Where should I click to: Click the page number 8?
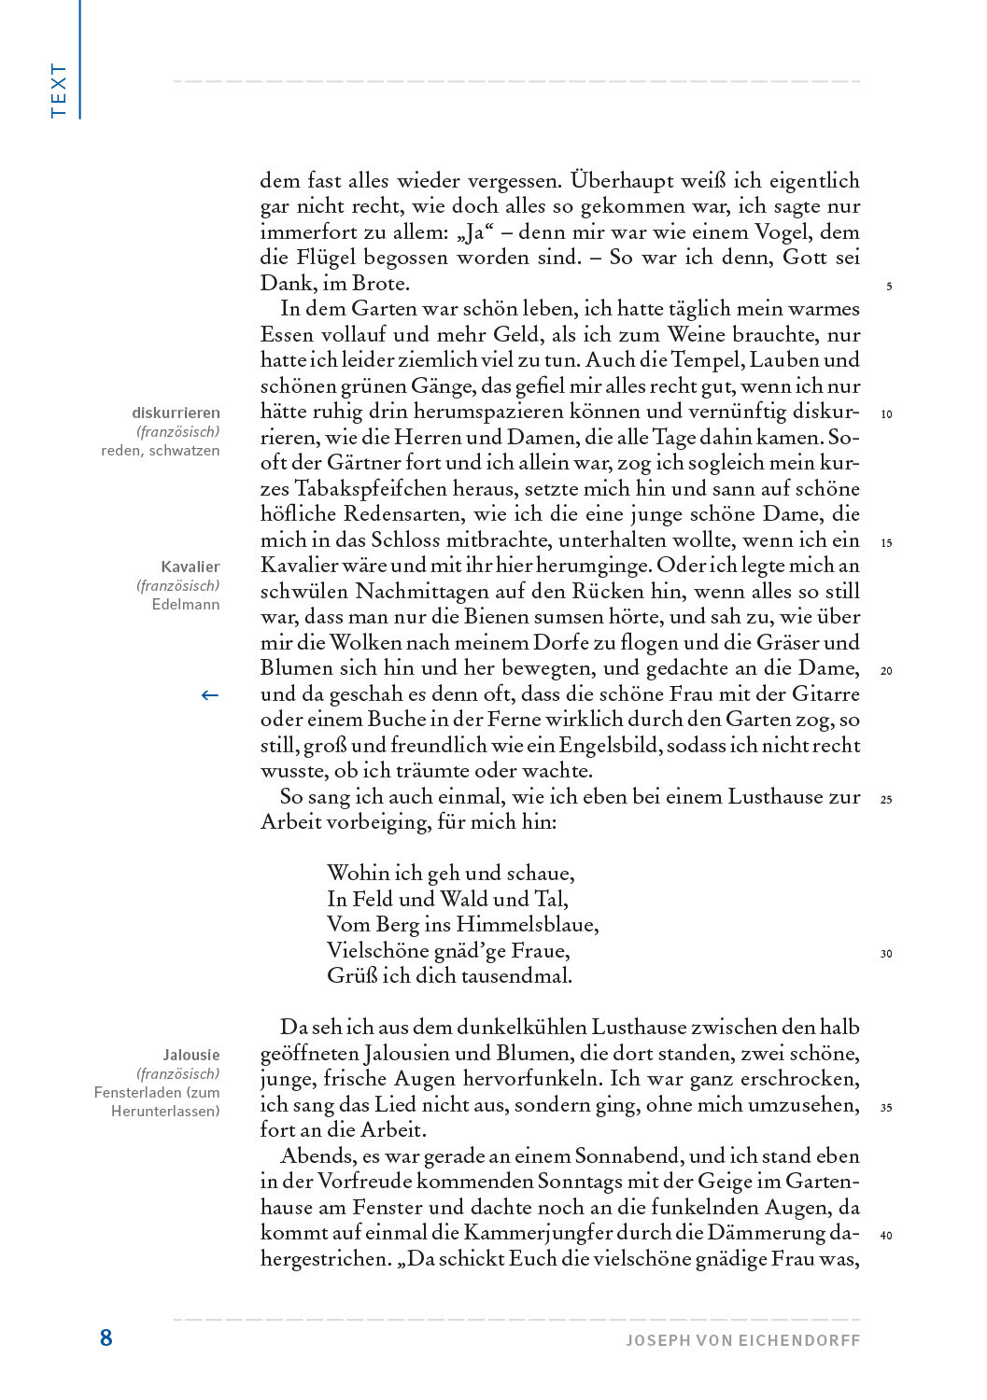[106, 1337]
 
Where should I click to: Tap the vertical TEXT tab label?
[59, 90]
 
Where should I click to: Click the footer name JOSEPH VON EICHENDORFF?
[742, 1340]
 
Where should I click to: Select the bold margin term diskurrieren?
[176, 413]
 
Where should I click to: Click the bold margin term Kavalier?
[190, 567]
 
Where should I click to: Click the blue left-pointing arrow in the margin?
[210, 694]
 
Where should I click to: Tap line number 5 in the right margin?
[888, 287]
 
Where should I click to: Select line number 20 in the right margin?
[886, 671]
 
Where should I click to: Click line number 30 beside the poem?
[886, 954]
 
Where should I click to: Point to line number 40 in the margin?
[886, 1236]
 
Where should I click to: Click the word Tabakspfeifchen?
[379, 489]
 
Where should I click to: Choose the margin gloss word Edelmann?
[186, 604]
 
